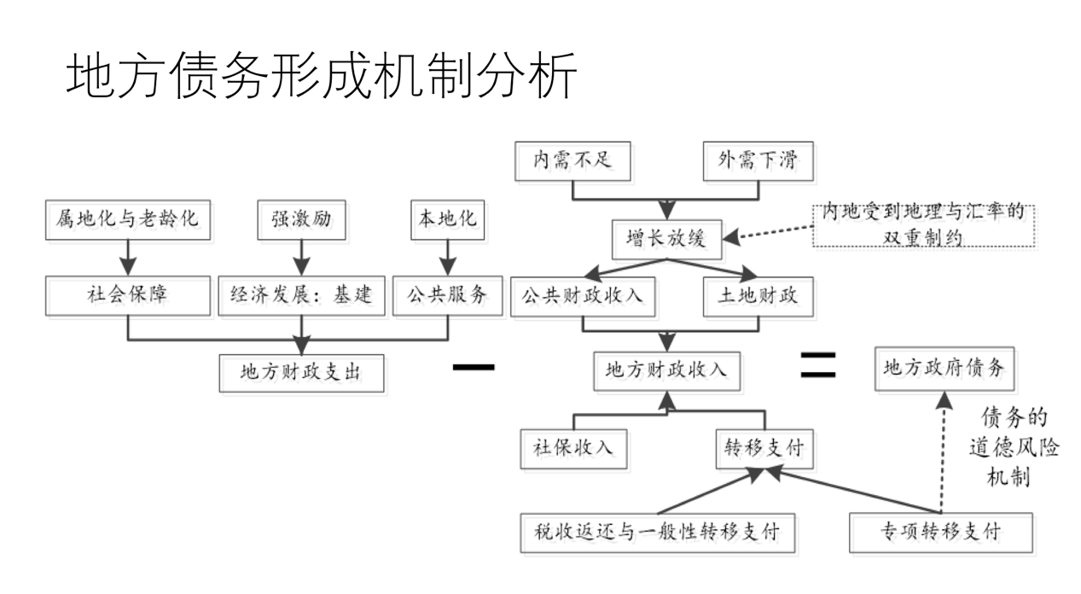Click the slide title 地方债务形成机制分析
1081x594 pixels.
coord(323,78)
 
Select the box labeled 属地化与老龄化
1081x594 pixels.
coord(127,219)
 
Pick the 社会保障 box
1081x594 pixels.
coord(127,296)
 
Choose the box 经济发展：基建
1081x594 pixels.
coord(301,296)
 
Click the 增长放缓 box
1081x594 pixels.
coord(662,239)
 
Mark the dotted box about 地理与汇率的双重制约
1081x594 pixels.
coord(923,225)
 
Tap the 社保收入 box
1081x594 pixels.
coord(572,446)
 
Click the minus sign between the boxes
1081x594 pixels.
coord(474,367)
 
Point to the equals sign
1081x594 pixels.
coord(817,365)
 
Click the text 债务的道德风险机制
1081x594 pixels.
coord(1014,447)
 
